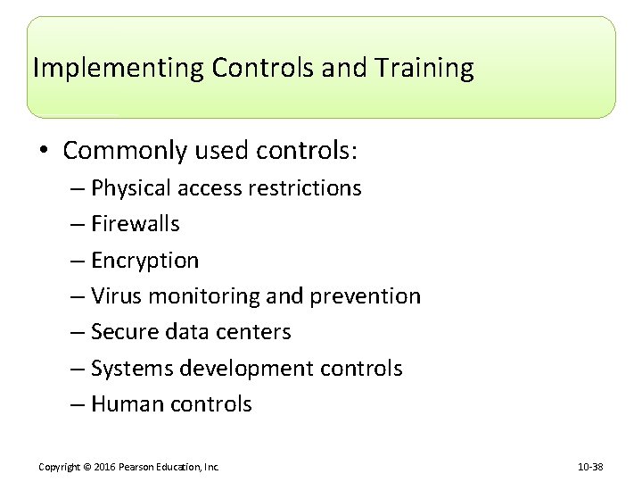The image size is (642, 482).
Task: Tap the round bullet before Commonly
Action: (45, 151)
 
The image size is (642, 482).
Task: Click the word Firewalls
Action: (136, 224)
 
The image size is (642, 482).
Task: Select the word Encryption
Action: (145, 261)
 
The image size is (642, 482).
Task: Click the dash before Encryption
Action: (78, 261)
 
